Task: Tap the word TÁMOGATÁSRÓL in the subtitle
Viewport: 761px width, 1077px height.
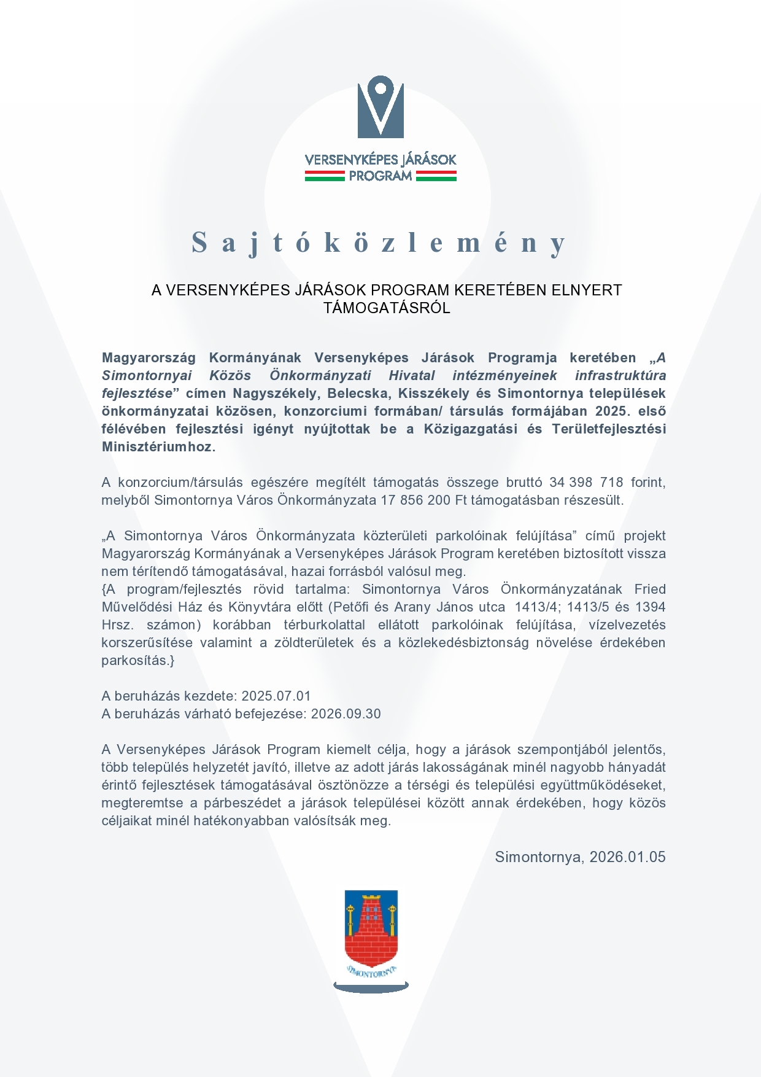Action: click(387, 308)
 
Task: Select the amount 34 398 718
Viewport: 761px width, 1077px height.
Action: click(586, 482)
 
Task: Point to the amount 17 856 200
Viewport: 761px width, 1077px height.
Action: click(415, 500)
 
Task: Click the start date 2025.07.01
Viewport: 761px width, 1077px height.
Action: click(276, 696)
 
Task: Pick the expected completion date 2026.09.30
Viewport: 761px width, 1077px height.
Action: click(346, 713)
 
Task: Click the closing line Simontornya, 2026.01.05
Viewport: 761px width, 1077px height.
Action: click(580, 857)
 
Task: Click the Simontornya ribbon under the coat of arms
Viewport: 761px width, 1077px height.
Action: click(371, 972)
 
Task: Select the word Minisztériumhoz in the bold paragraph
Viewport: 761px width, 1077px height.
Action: click(158, 446)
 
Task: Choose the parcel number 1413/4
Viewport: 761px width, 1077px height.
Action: click(538, 607)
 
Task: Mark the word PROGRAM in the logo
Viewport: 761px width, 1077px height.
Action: click(381, 176)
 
